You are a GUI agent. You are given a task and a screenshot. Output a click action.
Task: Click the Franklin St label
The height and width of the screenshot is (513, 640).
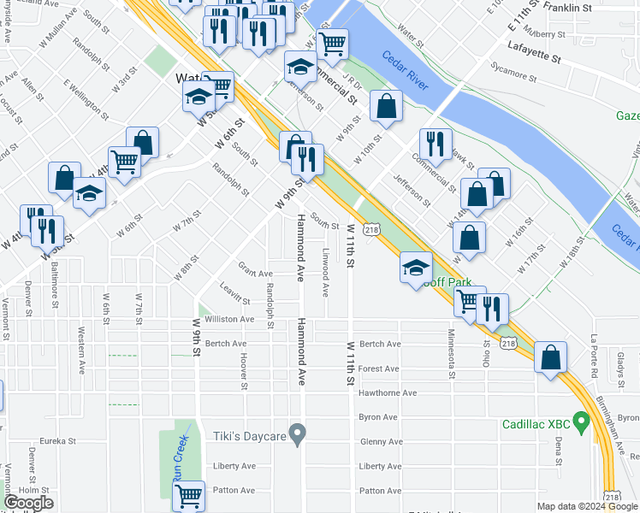click(x=568, y=8)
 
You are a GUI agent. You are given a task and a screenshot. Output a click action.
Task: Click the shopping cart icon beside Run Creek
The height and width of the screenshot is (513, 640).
click(x=188, y=495)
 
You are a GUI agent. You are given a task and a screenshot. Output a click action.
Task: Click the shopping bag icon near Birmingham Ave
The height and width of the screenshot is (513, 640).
click(x=551, y=357)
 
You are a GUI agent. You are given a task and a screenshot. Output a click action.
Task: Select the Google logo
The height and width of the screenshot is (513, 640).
click(x=28, y=503)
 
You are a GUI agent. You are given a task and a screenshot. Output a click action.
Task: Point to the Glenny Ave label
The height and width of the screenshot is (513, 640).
click(x=380, y=442)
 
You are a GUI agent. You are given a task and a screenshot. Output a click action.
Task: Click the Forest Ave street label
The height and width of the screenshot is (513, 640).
click(x=379, y=369)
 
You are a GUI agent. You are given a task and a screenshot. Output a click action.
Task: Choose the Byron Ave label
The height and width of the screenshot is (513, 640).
click(x=379, y=417)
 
